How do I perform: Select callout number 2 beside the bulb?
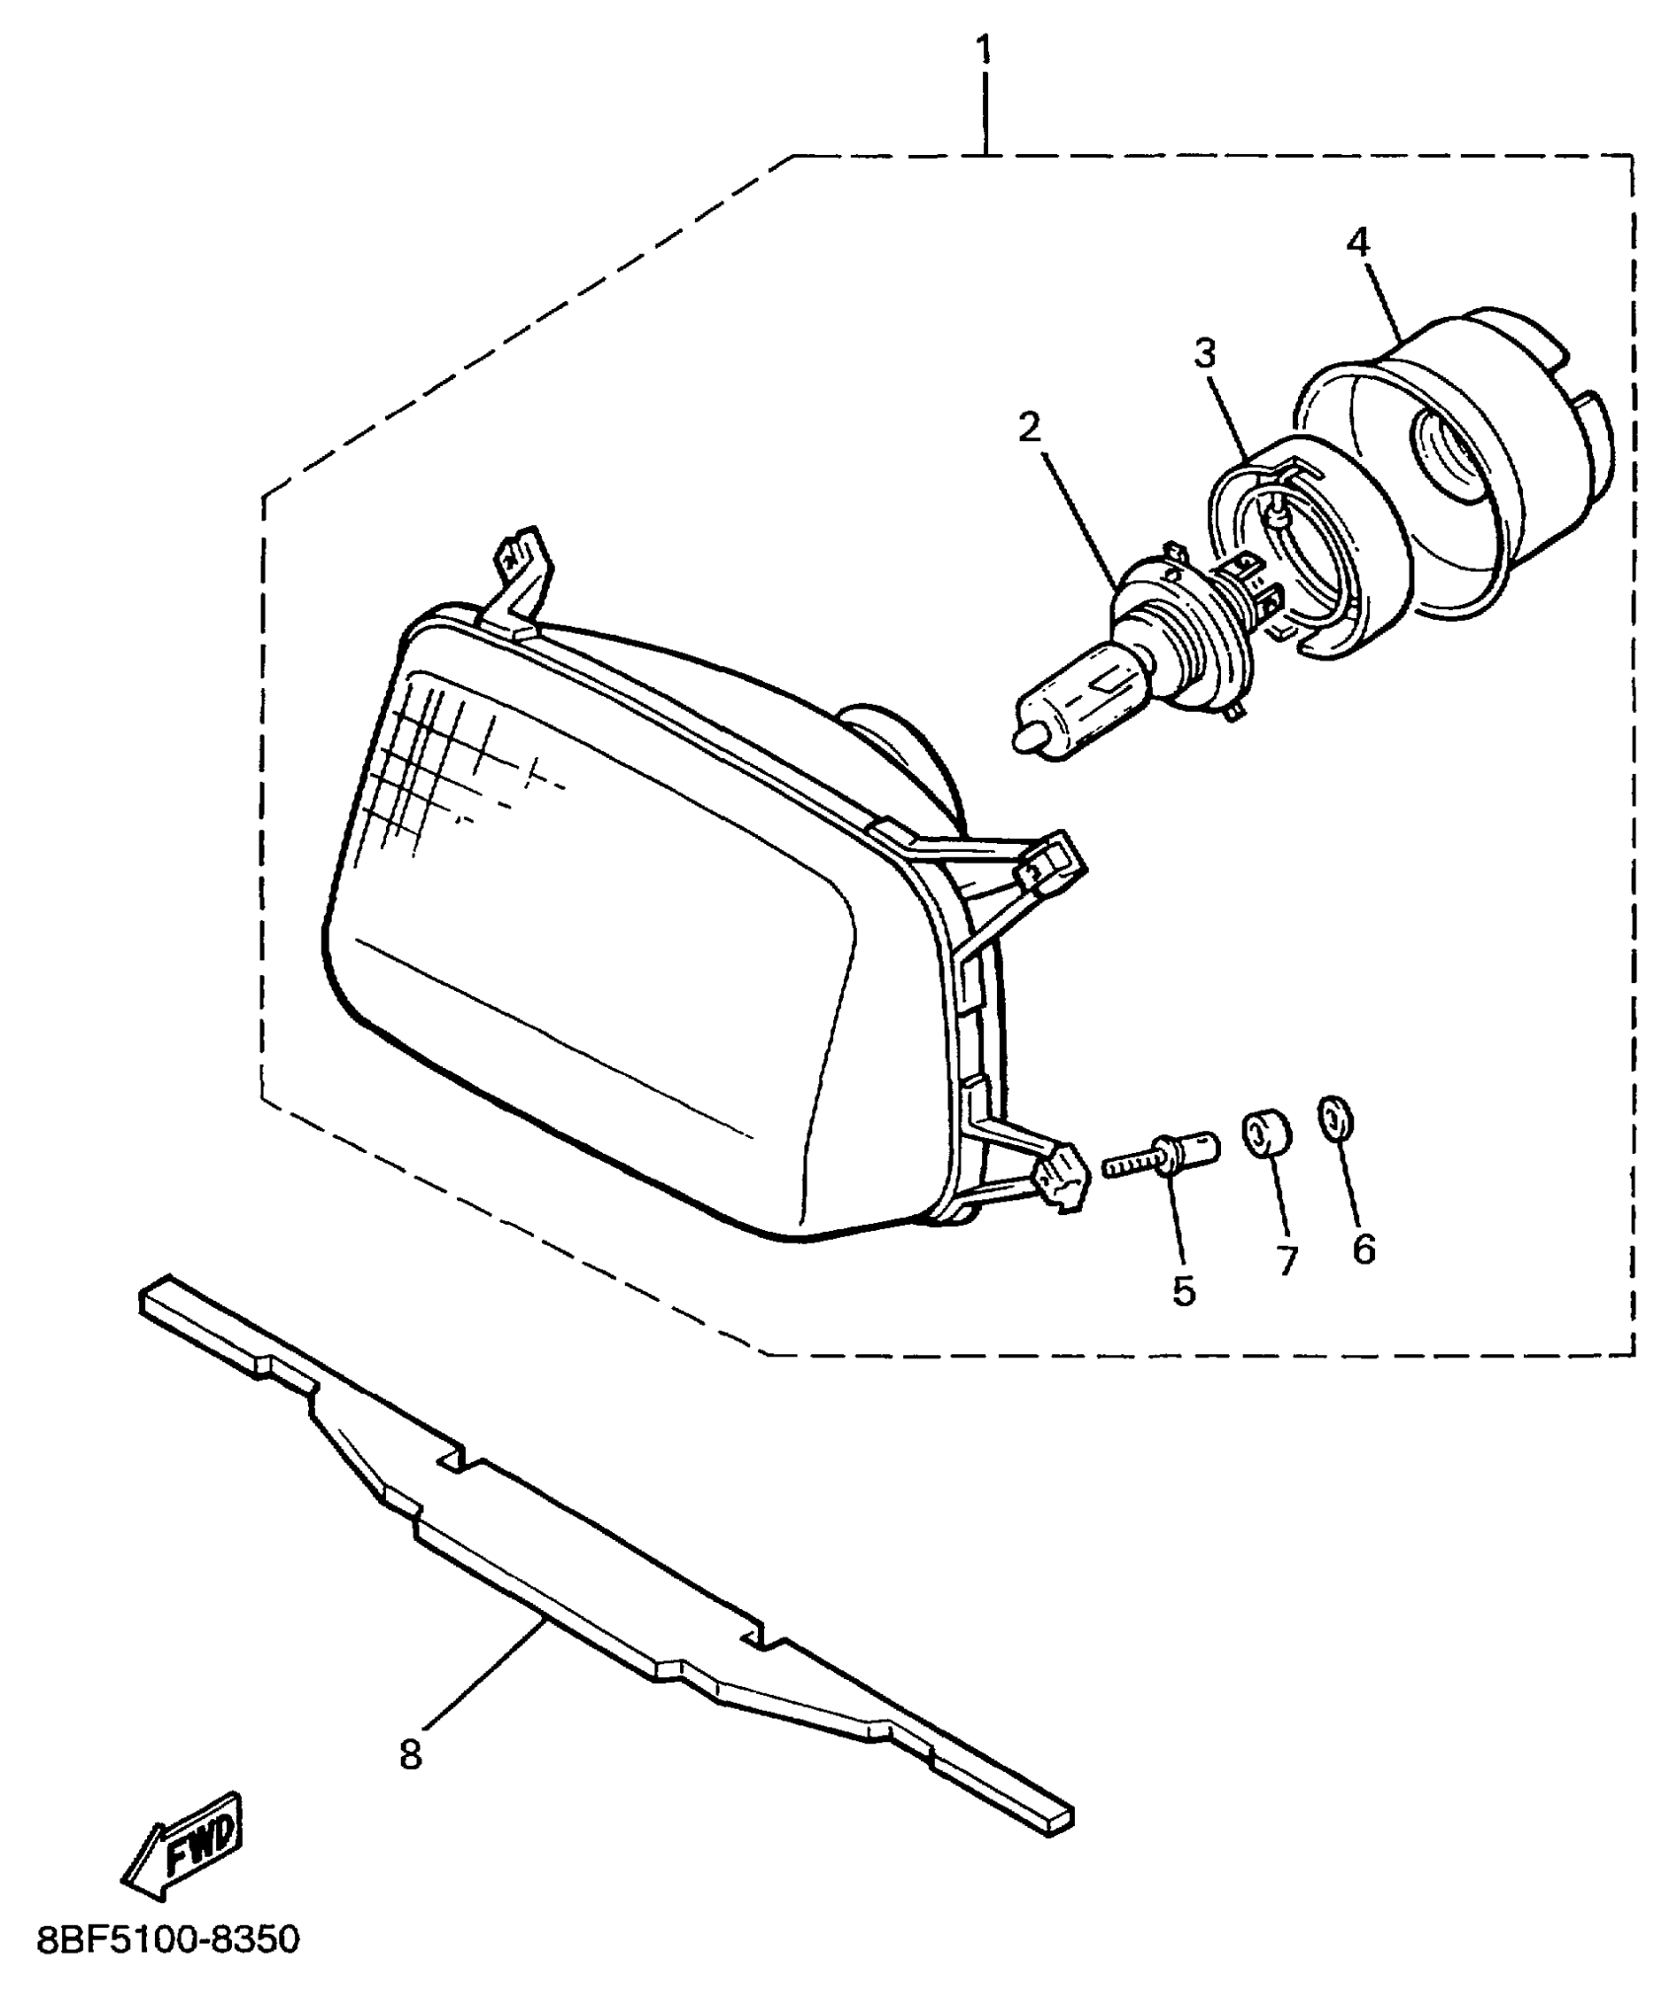point(1029,427)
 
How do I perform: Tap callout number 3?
point(1203,352)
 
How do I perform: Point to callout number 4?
point(1358,242)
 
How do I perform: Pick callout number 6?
point(1363,1250)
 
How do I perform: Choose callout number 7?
point(1285,1261)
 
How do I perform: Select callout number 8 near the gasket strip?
point(411,1754)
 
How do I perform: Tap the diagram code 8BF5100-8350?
point(168,1940)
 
